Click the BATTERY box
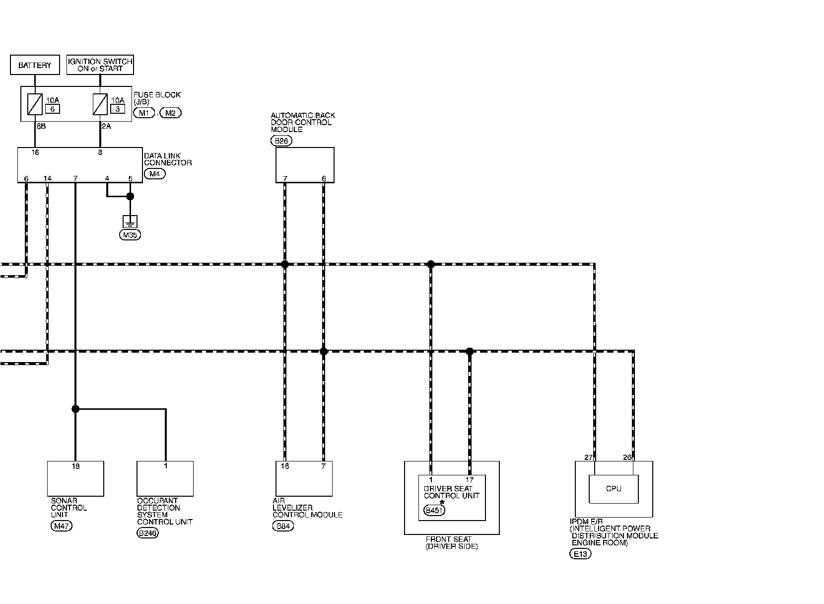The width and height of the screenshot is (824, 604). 35,65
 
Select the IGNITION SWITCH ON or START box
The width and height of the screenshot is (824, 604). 100,65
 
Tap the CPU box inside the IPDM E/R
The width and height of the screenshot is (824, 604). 614,489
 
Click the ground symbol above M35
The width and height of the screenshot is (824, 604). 130,222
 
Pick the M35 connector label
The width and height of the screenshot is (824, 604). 130,235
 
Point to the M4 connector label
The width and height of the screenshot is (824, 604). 154,174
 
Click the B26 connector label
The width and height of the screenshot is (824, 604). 281,141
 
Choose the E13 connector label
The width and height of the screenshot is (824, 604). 580,554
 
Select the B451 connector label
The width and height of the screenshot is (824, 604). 434,510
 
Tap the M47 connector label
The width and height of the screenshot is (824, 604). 62,526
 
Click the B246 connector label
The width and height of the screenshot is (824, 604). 147,533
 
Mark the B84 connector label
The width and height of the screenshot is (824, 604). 283,526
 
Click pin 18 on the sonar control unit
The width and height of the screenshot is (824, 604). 75,466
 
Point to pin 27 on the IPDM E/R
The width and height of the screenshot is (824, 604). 589,457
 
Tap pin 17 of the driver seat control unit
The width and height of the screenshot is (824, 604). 470,480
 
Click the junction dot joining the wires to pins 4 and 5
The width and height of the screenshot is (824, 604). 130,197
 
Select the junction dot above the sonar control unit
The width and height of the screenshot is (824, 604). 75,409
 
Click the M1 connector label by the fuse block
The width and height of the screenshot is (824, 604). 144,113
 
